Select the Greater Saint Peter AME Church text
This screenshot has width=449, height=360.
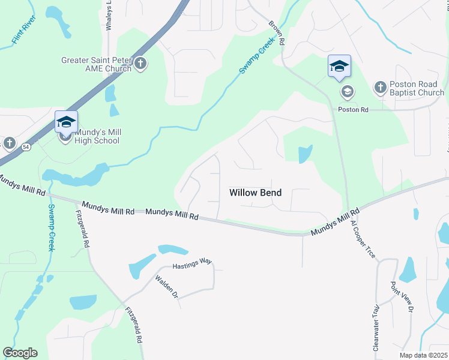96,64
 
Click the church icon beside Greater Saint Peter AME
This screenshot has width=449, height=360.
140,64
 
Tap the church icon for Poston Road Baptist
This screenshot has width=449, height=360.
380,88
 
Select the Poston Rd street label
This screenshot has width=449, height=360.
352,110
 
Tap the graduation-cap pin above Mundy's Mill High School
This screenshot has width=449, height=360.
66,123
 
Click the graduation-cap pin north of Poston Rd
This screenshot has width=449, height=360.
339,66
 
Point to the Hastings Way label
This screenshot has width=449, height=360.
193,264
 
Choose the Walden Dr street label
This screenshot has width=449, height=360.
167,287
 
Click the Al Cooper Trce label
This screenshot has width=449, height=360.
363,238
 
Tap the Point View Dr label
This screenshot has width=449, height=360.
402,296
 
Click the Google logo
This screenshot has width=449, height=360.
20,353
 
